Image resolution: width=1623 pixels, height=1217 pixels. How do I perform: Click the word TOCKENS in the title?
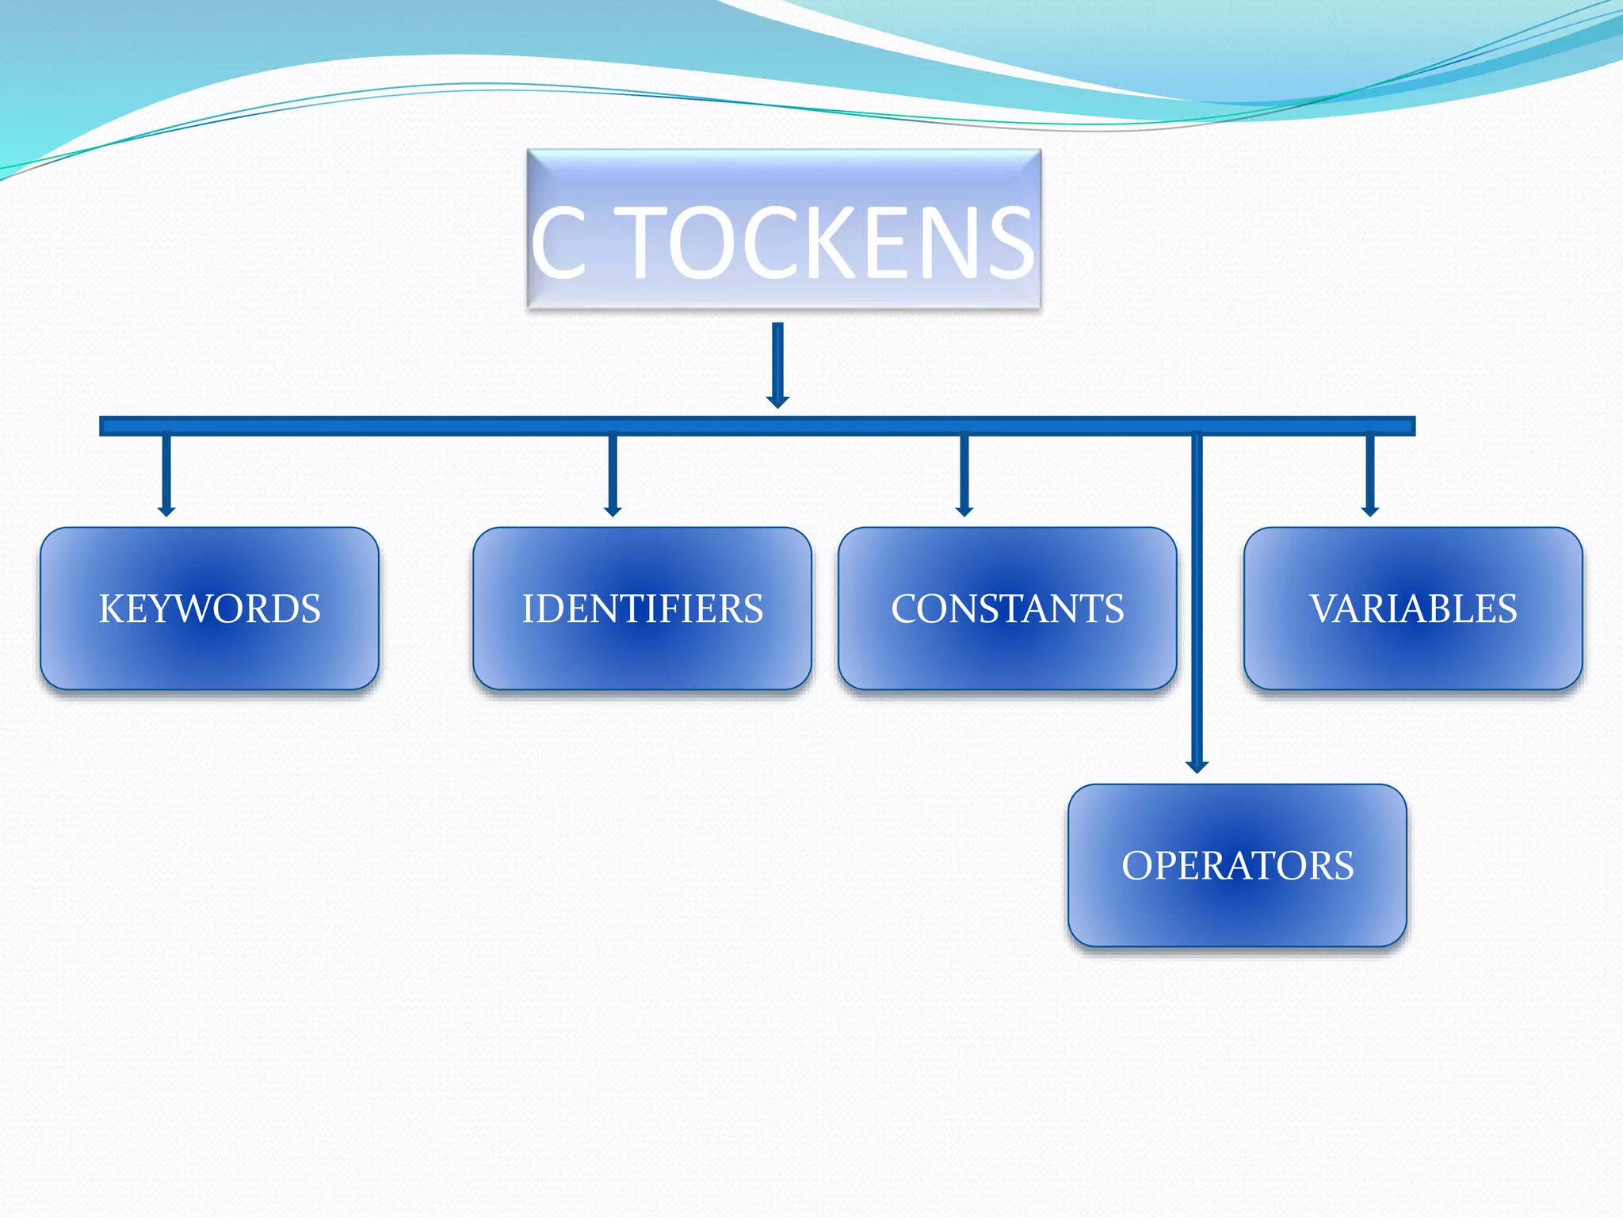[x=828, y=243]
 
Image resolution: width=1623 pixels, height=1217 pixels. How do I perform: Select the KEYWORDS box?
[x=209, y=608]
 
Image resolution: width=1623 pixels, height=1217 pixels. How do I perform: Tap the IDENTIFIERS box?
[x=642, y=608]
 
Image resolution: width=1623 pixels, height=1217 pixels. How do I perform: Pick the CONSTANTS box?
[x=1007, y=608]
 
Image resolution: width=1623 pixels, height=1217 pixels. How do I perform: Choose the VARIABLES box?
[x=1413, y=608]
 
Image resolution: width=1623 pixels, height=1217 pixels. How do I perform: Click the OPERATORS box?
[x=1237, y=865]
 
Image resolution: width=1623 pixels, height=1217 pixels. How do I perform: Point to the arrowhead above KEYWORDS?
[x=166, y=511]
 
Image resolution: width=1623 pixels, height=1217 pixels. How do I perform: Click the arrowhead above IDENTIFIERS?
[x=613, y=511]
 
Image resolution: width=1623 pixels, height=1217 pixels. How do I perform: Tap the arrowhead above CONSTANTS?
[x=964, y=511]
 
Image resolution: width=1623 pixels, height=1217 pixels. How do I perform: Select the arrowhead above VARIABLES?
[x=1370, y=511]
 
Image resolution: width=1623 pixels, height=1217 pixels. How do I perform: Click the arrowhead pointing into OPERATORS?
[x=1197, y=766]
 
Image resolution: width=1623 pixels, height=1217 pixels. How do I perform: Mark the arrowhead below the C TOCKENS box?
[x=777, y=402]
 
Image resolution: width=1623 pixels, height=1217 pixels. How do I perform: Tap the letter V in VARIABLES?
[x=1323, y=608]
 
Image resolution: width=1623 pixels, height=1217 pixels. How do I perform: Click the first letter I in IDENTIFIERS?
[x=528, y=608]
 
